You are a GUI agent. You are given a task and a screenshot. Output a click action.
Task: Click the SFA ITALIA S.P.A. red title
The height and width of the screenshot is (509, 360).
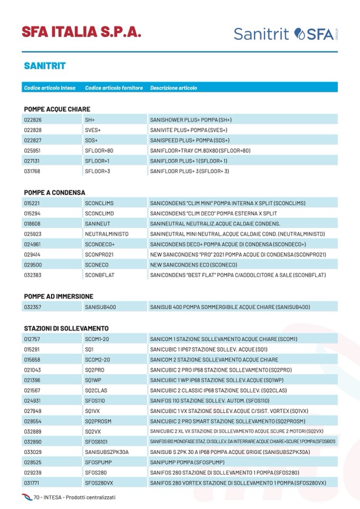point(81,32)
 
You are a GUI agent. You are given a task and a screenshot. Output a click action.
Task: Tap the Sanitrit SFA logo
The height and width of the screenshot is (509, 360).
point(285,34)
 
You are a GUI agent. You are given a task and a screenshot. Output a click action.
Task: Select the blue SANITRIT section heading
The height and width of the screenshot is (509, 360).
point(45,66)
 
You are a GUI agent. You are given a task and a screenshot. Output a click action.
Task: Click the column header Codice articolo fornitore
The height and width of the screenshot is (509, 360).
point(114,88)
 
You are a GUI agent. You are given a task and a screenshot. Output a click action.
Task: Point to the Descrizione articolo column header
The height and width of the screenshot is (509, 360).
point(174,88)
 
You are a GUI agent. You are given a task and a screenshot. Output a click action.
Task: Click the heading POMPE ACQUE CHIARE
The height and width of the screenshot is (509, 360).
point(57,109)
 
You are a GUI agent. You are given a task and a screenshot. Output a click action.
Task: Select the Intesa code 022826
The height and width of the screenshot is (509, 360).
point(33,120)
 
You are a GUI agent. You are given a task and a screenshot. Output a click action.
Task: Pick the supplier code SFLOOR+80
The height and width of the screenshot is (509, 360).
point(99,151)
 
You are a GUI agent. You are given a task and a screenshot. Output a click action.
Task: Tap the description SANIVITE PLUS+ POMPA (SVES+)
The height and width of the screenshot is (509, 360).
point(188,130)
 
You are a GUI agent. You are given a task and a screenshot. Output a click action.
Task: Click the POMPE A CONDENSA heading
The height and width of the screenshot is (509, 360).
point(54,192)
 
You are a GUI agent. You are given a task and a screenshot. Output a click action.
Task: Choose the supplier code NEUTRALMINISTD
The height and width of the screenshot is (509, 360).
point(107,234)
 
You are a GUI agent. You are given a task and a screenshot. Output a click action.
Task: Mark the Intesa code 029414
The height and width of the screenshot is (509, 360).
point(33,254)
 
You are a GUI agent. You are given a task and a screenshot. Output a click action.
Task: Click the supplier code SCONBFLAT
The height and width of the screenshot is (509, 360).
point(99,275)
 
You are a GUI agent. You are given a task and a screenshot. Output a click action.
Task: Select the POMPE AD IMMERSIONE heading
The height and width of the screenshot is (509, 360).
point(58,296)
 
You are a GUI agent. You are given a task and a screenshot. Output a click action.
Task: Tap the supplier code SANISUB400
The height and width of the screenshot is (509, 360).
point(100,307)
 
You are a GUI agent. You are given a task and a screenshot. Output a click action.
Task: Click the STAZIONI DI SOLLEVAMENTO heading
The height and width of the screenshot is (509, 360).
point(66,328)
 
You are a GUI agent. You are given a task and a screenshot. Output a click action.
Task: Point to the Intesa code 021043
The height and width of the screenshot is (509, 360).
point(33,369)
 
